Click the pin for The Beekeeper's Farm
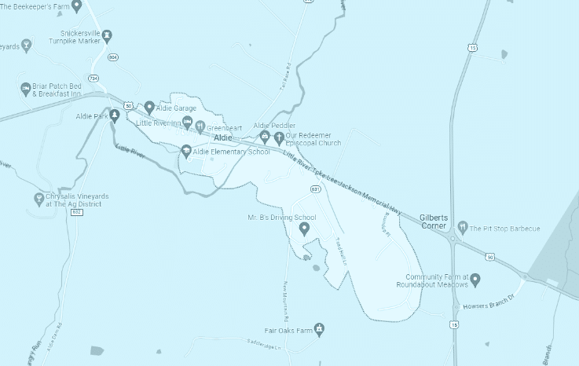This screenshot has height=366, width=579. click(x=76, y=6)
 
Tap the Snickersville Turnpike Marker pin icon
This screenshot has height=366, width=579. click(x=107, y=35)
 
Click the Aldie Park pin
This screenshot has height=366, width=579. click(x=115, y=116)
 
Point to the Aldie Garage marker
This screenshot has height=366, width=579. click(x=149, y=107)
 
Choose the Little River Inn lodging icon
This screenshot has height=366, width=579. click(x=187, y=123)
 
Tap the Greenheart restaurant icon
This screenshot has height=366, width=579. click(x=200, y=126)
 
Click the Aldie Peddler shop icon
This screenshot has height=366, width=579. click(x=265, y=137)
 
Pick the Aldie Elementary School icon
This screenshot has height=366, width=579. click(x=186, y=151)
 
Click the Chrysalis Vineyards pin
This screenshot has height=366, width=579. click(x=38, y=199)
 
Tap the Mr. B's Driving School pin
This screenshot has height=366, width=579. click(x=305, y=229)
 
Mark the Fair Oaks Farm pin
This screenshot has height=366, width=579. click(x=319, y=328)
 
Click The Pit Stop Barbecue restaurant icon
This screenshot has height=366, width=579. click(x=464, y=228)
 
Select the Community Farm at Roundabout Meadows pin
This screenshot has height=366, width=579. click(x=475, y=279)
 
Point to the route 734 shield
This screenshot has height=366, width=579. click(x=94, y=79)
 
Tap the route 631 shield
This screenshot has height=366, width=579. click(x=315, y=189)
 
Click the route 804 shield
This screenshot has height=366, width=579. click(x=113, y=57)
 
